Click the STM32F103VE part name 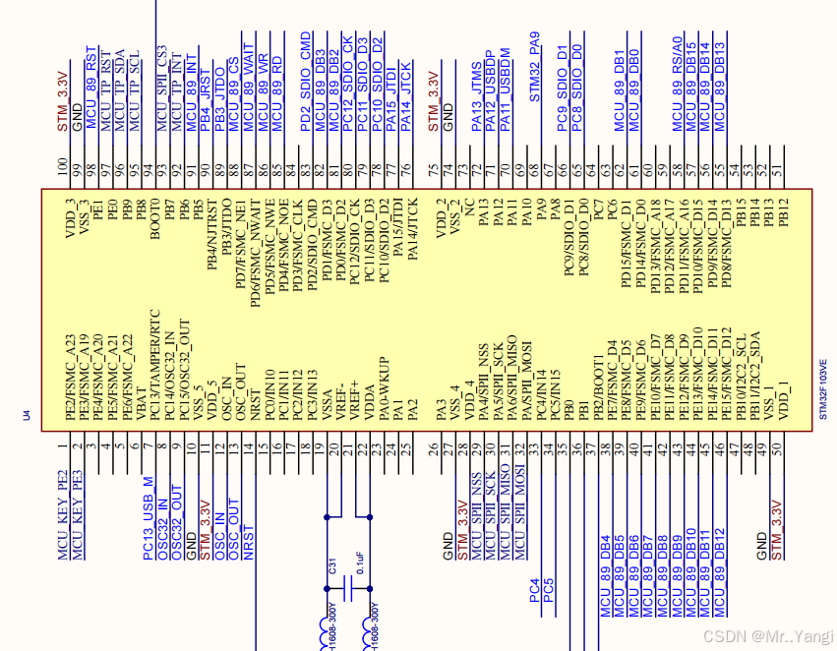822,388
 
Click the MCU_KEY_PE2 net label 63,511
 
